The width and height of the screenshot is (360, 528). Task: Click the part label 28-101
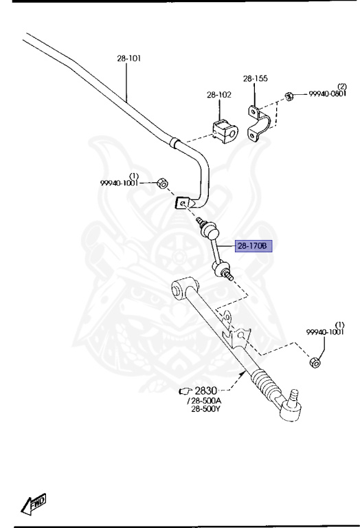tap(129, 58)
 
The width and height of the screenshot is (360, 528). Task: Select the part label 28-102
tap(219, 95)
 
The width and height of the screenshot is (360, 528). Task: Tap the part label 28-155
tap(256, 78)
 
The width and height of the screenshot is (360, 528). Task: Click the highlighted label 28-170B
tap(253, 246)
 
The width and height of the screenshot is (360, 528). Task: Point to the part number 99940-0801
tap(327, 94)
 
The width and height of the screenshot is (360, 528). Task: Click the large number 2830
tap(206, 390)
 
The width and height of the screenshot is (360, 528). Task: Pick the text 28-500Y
tap(205, 409)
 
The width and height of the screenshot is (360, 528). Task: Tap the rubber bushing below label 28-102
tap(225, 131)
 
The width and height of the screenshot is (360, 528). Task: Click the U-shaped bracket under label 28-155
tap(259, 123)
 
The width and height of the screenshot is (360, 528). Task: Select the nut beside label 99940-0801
tap(289, 96)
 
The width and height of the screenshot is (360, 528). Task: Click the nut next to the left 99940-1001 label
tap(163, 184)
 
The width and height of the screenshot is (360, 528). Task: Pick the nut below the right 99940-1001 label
tap(314, 363)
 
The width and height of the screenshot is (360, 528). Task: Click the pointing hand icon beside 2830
tap(185, 391)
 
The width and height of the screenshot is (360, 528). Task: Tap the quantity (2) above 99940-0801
tap(342, 87)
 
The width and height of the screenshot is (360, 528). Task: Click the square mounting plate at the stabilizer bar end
tap(183, 203)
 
